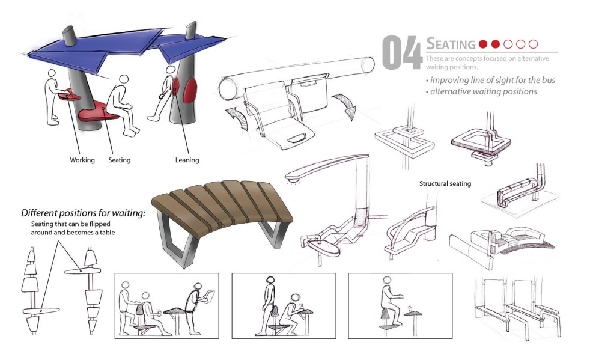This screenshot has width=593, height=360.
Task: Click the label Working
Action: coord(82,160)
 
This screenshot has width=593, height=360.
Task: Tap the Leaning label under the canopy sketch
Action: coord(187,160)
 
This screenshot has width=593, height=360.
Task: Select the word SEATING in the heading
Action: coord(451,44)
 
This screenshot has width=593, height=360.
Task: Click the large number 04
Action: coord(401,52)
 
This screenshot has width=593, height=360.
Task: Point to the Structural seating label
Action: coord(445,183)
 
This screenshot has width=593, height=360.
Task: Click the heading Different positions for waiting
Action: coord(83,213)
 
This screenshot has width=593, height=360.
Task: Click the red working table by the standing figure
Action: coord(70,94)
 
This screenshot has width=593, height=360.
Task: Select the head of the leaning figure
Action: coord(171,70)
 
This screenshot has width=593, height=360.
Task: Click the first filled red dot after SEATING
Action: coord(483,44)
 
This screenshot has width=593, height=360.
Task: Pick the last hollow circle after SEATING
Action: coord(534,44)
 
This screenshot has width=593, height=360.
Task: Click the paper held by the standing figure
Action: coord(208,296)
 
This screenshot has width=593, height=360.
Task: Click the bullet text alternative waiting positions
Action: coord(481,91)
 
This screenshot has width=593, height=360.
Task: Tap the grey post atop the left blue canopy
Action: coord(70,36)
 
